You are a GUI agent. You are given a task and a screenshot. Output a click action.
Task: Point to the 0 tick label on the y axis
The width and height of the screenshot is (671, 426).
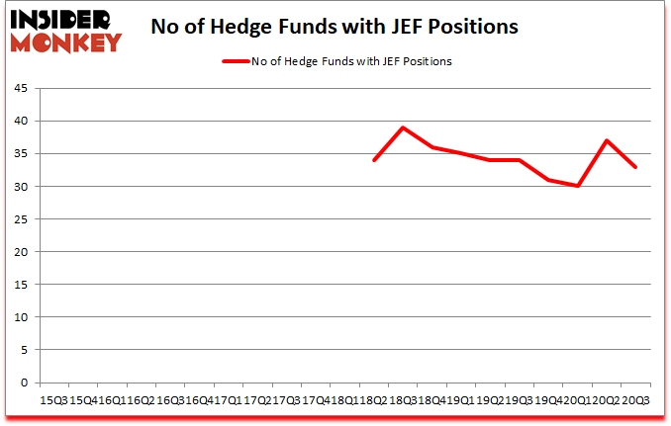click(27, 383)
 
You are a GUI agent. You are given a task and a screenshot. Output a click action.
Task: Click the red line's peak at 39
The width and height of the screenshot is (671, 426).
click(403, 128)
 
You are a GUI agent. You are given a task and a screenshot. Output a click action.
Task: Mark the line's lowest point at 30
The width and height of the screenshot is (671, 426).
click(577, 186)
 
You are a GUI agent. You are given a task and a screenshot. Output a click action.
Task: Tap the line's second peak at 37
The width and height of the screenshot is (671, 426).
click(606, 140)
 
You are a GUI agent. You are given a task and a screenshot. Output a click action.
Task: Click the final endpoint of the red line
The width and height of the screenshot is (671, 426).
click(635, 166)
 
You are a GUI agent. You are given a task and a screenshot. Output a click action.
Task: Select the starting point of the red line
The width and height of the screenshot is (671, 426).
click(374, 160)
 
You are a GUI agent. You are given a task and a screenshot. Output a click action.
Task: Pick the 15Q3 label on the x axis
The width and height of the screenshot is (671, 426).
click(51, 401)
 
